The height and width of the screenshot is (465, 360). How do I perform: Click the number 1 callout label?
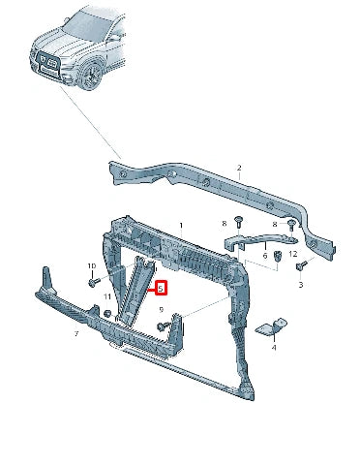tap(178, 225)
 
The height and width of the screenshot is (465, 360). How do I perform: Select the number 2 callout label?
tap(238, 169)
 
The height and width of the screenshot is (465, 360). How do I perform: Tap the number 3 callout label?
tap(300, 286)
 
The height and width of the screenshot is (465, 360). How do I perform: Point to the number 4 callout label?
tap(274, 346)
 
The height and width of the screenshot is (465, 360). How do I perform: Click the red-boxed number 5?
tap(162, 288)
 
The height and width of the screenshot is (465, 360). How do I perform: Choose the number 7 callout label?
tap(76, 334)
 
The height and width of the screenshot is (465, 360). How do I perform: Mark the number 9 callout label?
tap(162, 310)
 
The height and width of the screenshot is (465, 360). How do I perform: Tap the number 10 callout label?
tap(92, 265)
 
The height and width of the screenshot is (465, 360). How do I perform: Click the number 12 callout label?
tap(293, 254)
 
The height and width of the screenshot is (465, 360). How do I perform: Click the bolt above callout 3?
tap(301, 264)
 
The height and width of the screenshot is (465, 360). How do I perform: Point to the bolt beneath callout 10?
tap(93, 283)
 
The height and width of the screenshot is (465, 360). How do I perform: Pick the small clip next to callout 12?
tap(278, 256)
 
